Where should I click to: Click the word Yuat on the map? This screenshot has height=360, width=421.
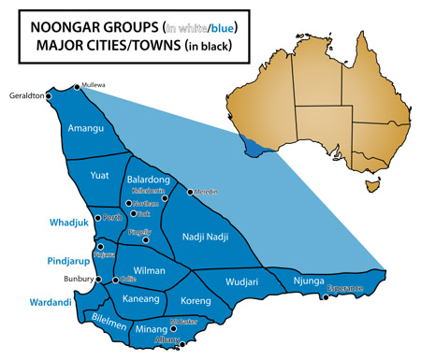100,174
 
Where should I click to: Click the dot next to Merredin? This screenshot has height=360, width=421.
190,192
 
